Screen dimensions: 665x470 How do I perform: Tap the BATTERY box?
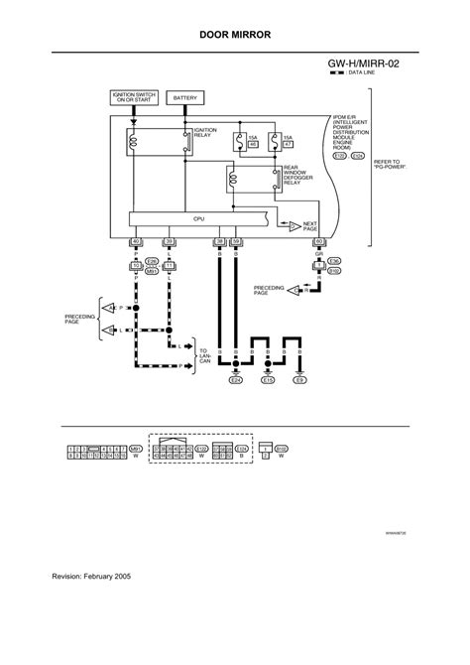[187, 98]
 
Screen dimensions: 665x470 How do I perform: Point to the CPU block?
[198, 218]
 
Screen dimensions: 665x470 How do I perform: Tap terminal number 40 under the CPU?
[136, 241]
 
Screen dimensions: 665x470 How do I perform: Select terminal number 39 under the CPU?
[169, 241]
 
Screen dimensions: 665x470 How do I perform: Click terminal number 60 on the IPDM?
[318, 241]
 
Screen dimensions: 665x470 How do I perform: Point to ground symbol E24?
[236, 379]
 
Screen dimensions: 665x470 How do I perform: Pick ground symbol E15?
[268, 379]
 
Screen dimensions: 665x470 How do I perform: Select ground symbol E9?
[300, 379]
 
